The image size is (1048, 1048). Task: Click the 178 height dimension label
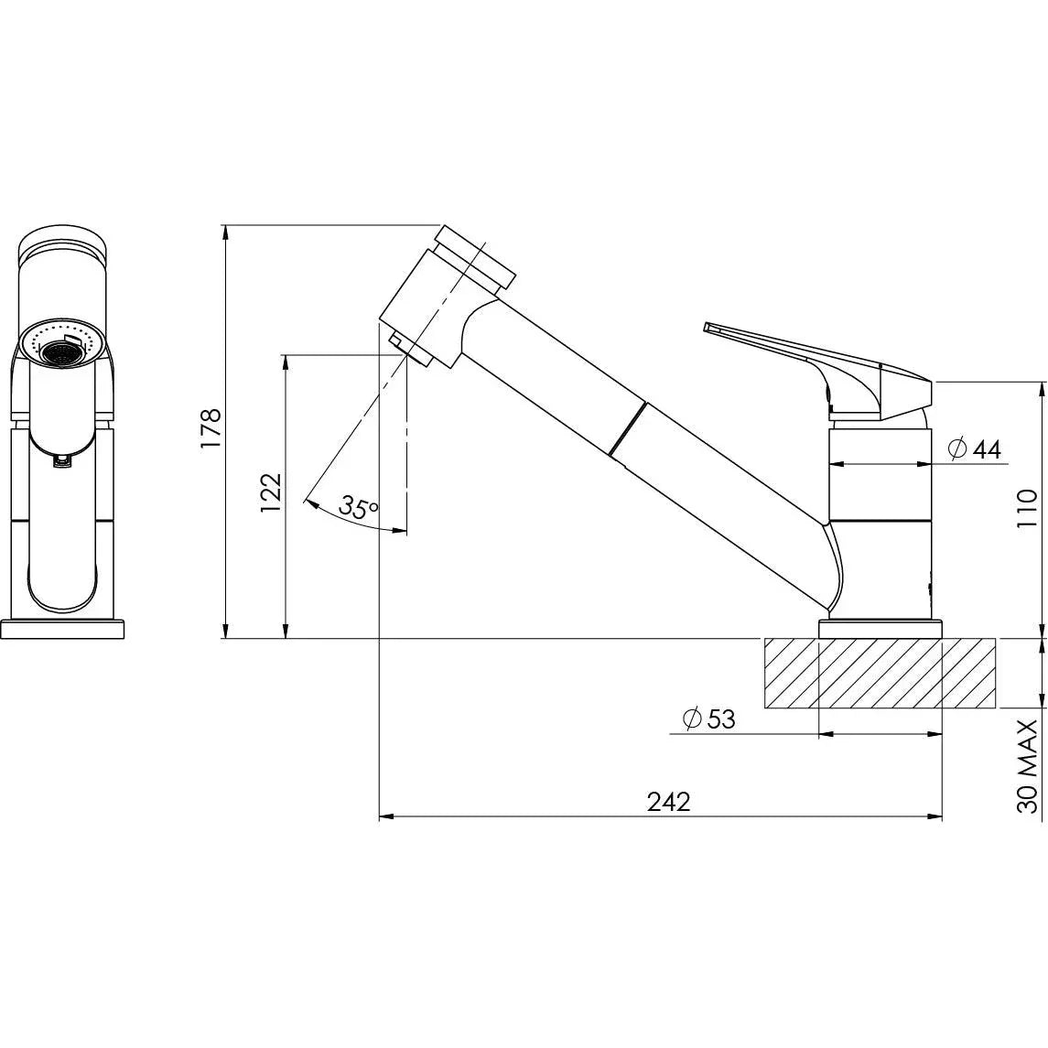[x=211, y=427]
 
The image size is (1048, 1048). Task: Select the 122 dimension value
[x=272, y=492]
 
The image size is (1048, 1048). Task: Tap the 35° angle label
[x=358, y=506]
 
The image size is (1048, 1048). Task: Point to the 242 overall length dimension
[x=669, y=802]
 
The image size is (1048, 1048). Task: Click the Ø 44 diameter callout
[x=976, y=448]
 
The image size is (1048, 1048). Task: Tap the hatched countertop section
[x=880, y=673]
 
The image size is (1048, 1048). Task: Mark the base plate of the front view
[x=62, y=629]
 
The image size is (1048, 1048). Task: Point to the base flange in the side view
[x=880, y=629]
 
